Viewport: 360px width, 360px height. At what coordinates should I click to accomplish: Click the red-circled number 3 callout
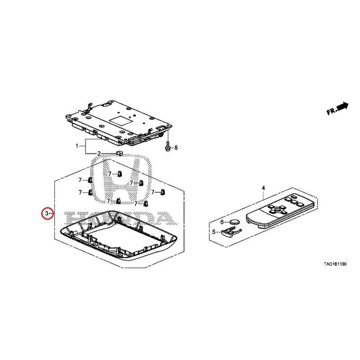(x=47, y=213)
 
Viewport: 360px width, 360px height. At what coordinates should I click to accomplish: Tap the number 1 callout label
(x=77, y=146)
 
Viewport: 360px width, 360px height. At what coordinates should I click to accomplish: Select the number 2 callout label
(x=99, y=153)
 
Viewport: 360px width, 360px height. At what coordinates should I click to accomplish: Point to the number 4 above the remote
(x=263, y=188)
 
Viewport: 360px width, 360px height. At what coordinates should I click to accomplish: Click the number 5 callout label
(x=214, y=232)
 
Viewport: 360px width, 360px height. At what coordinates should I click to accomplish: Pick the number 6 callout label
(x=222, y=222)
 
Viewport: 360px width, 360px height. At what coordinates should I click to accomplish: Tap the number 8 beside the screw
(x=176, y=148)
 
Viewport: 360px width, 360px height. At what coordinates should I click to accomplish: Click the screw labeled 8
(x=168, y=147)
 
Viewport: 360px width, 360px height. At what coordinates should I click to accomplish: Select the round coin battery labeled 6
(x=234, y=222)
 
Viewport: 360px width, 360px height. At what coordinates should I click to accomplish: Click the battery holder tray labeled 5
(x=230, y=231)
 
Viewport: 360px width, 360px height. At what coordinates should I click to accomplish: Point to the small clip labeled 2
(x=119, y=153)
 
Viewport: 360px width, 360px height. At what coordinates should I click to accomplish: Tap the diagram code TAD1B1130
(x=335, y=264)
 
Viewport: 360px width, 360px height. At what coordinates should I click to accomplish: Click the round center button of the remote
(x=277, y=209)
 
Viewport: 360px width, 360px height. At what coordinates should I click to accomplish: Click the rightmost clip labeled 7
(x=162, y=192)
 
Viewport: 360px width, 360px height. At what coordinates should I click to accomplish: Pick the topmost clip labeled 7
(x=119, y=174)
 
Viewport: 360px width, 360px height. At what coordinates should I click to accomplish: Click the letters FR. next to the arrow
(x=331, y=111)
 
